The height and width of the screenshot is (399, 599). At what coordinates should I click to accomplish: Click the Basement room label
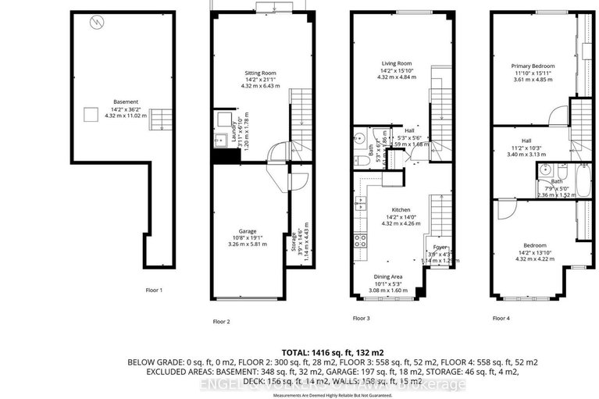click(125, 102)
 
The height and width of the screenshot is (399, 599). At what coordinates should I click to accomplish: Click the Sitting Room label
click(261, 73)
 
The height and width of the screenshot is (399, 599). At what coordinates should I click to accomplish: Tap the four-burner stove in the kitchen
click(360, 240)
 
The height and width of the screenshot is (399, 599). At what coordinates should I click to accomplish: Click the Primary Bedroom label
click(533, 67)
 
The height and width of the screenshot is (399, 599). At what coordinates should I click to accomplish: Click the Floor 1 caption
click(155, 290)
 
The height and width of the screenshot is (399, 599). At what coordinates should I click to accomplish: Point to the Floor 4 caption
click(501, 319)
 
